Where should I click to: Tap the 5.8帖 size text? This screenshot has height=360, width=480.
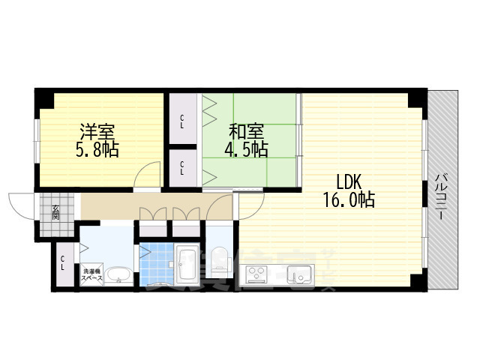(98, 148)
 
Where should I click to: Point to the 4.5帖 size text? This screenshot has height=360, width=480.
(247, 148)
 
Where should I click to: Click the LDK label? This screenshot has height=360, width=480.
(349, 181)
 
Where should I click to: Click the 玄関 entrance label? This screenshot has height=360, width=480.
(55, 213)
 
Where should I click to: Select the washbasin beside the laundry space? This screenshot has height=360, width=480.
(117, 277)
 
